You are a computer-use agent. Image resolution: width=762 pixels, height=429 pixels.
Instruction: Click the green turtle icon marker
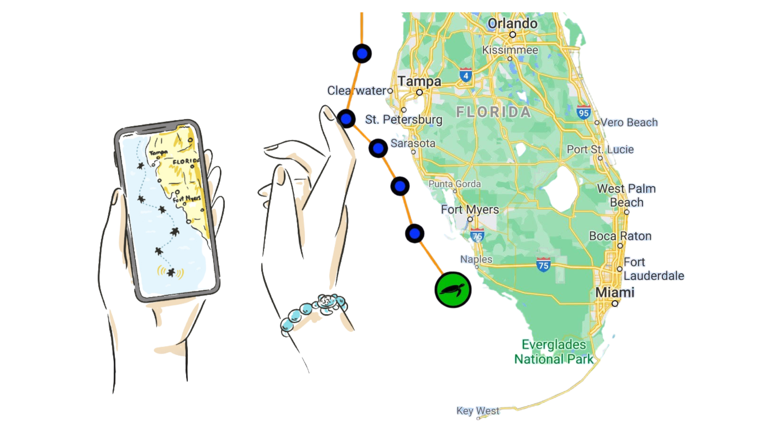pos(453,289)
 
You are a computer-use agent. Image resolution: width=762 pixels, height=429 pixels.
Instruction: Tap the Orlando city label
pos(512,24)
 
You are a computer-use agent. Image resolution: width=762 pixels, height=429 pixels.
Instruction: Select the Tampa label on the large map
pos(420,81)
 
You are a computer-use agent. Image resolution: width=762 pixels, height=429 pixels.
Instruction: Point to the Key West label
pos(478,411)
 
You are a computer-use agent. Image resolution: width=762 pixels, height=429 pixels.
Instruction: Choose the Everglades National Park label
pos(554,352)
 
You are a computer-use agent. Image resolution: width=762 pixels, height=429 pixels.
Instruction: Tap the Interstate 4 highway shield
pos(465,75)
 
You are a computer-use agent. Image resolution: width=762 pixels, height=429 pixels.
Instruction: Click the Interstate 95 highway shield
pos(583,113)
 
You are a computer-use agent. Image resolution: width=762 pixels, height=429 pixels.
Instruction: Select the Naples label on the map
pos(476,259)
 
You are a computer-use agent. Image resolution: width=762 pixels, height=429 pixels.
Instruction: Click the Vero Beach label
pos(629,122)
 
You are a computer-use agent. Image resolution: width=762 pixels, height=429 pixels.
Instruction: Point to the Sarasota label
pos(413,143)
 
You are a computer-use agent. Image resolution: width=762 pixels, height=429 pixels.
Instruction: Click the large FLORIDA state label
pos(493,113)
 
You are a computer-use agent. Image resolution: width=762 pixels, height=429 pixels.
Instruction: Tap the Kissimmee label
pos(510,50)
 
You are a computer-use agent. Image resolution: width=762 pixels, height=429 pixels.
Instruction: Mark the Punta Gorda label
pos(454,184)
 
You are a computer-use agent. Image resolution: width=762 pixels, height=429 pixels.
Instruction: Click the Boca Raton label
pos(620,236)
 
